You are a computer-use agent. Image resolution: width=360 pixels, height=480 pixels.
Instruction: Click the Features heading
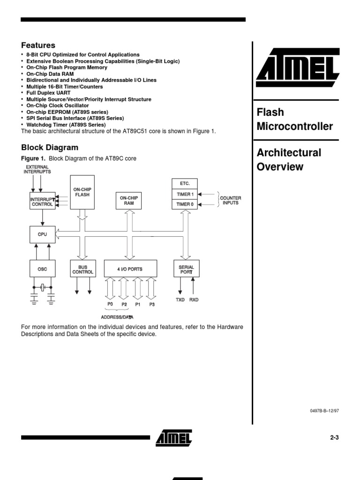(38, 45)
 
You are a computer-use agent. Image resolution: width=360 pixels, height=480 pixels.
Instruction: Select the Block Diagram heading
(50, 148)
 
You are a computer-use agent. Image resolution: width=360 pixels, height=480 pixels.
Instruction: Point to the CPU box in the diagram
(42, 234)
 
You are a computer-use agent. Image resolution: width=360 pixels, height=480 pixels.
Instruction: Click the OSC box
(42, 269)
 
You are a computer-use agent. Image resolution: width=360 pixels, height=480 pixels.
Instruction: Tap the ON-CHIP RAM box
(129, 201)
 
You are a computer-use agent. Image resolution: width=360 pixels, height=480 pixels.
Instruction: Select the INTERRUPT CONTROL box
(42, 202)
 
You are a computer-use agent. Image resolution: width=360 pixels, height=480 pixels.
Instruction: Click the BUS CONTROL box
(82, 270)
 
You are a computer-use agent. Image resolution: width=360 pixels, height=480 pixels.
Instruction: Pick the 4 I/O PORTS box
(130, 269)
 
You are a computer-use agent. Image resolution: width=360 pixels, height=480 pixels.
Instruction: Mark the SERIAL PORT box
(186, 270)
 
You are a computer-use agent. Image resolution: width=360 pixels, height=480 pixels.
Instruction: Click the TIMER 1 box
(184, 194)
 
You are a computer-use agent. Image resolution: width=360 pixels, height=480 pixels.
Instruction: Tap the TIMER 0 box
(184, 204)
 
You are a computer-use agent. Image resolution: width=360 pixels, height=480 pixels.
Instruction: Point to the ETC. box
(184, 183)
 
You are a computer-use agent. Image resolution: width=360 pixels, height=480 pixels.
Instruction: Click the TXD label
(180, 300)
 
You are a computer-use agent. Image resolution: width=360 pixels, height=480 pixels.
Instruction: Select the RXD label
(194, 300)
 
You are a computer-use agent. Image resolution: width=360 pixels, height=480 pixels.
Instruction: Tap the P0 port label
(111, 304)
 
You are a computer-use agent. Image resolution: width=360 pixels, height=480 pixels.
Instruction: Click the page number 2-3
(334, 437)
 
